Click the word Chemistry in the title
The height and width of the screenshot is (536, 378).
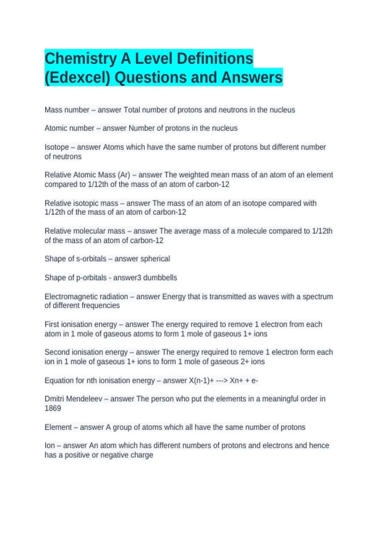(81, 59)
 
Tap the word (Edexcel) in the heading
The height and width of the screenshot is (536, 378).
(77, 78)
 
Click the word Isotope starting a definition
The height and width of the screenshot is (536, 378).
(56, 147)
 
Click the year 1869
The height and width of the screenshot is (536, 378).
(53, 408)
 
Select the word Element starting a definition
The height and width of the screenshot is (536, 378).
(58, 427)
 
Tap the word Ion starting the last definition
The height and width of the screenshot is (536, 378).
(49, 446)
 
